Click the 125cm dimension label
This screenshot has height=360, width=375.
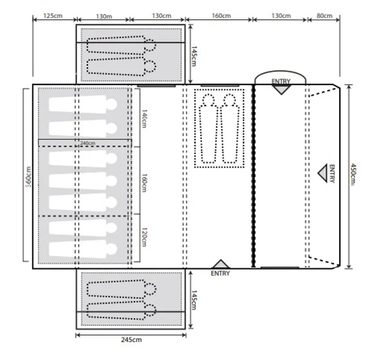click(x=53, y=15)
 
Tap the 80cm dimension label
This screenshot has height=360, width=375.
click(x=324, y=15)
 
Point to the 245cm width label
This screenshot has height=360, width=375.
click(x=131, y=340)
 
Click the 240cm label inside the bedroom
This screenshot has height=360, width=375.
click(x=88, y=143)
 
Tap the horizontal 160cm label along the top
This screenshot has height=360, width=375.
click(x=221, y=15)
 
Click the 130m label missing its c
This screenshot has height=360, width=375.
click(x=103, y=15)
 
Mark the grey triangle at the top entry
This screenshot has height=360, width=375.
click(x=281, y=89)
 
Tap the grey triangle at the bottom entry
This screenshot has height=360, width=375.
click(x=220, y=264)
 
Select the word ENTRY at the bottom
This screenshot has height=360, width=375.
click(x=220, y=273)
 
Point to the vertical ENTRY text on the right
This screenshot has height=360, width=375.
click(x=332, y=173)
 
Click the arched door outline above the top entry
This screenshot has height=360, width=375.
click(x=280, y=75)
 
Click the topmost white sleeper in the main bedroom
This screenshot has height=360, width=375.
click(x=82, y=105)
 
